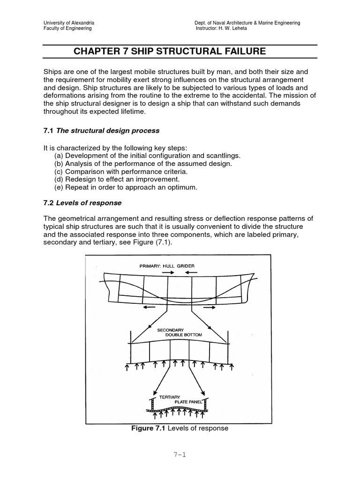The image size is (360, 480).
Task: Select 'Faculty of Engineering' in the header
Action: click(x=67, y=29)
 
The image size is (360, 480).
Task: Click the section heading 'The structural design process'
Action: click(x=108, y=130)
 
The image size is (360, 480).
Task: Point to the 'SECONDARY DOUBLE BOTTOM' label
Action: click(x=180, y=332)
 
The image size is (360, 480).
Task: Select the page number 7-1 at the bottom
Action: click(x=180, y=455)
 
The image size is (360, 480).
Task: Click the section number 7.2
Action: click(x=49, y=202)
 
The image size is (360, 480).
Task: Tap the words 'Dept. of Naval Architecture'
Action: click(x=223, y=23)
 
